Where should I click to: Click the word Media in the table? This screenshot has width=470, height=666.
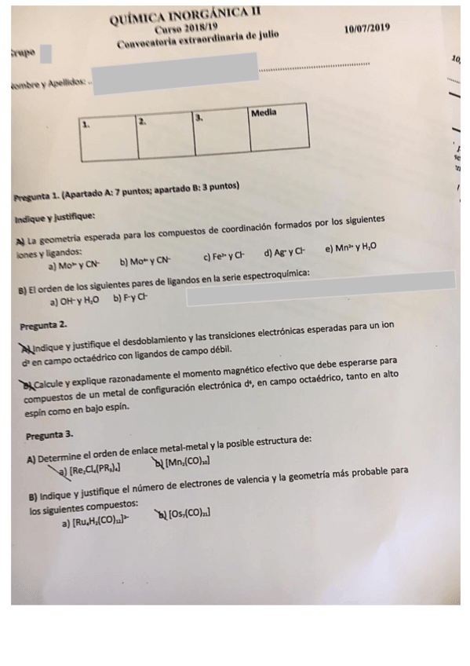coord(264,113)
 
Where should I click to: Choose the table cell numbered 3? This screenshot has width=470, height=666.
coord(222,134)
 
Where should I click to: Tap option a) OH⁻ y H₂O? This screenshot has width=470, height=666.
coord(75,302)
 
